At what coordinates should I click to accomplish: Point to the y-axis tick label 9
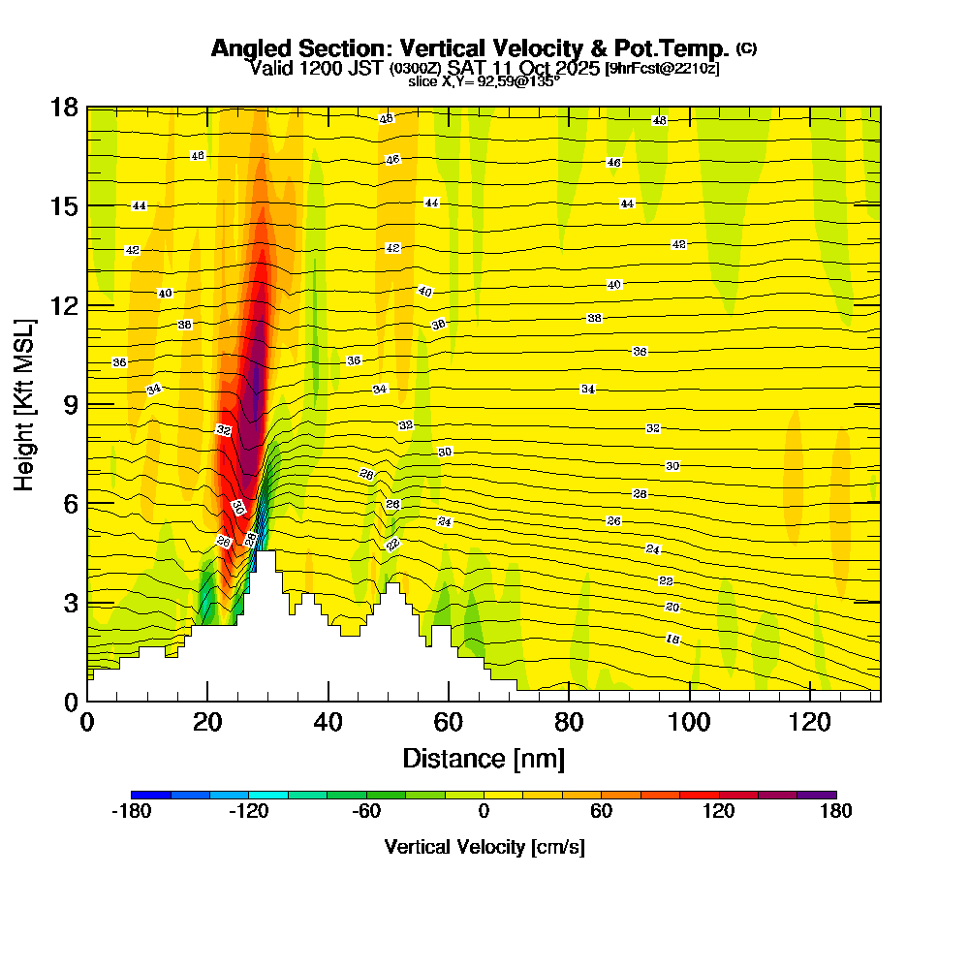(x=70, y=404)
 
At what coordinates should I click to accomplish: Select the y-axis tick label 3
(x=70, y=603)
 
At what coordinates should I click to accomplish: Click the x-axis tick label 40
(x=328, y=722)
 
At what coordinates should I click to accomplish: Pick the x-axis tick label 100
(x=689, y=722)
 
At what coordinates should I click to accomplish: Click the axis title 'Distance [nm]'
(x=484, y=758)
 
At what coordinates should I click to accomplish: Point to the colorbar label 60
(x=601, y=812)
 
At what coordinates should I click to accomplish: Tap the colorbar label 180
(x=835, y=812)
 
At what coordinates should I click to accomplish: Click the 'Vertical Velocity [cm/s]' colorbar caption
(x=484, y=847)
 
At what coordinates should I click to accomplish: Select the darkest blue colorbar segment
(x=150, y=795)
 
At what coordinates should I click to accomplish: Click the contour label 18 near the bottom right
(x=672, y=640)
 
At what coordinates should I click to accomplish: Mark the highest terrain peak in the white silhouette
(x=265, y=554)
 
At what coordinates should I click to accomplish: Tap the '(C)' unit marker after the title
(x=747, y=47)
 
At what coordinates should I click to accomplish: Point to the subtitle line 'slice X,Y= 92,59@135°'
(x=484, y=81)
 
